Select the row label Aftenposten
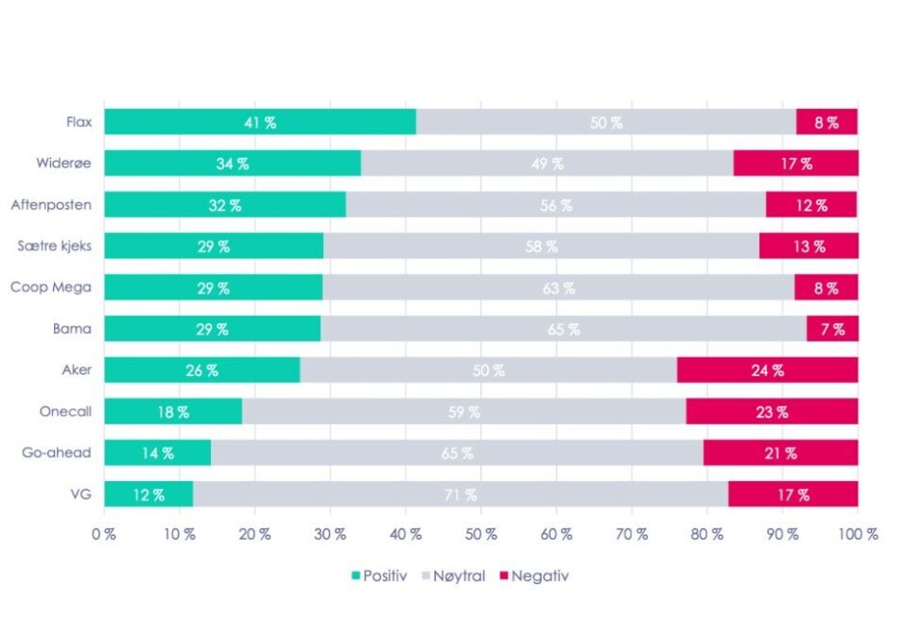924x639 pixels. [52, 204]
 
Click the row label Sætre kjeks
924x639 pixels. [55, 245]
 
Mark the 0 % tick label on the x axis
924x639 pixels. [104, 533]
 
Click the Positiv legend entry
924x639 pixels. [377, 575]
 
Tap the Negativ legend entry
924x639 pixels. [535, 575]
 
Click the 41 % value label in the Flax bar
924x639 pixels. [261, 122]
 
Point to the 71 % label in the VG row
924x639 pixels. [461, 495]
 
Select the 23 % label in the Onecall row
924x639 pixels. [772, 412]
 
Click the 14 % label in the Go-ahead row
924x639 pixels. [158, 453]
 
